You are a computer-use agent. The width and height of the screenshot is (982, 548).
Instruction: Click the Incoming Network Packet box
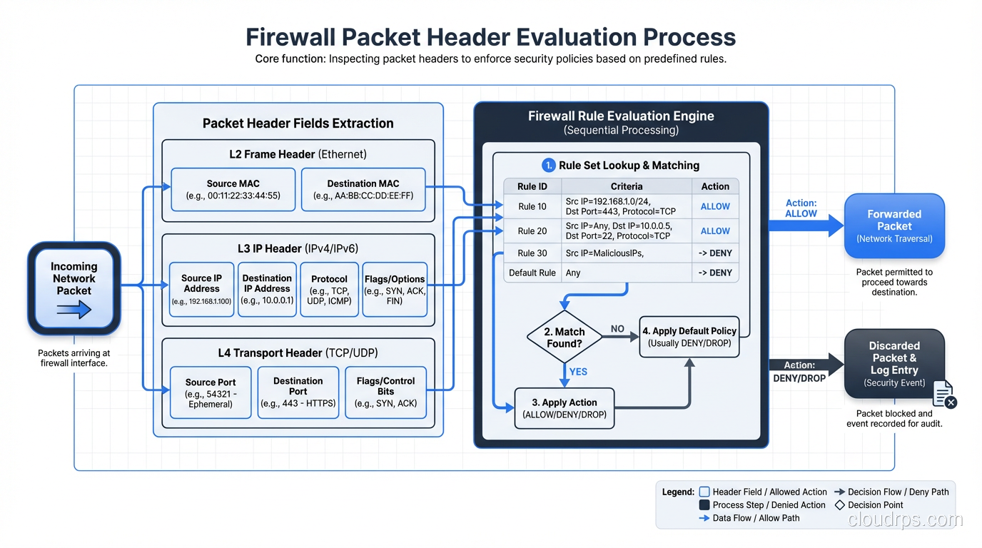coord(74,288)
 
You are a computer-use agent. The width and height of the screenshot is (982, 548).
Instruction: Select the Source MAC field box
coord(233,189)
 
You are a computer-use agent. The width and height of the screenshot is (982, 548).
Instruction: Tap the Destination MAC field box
coord(363,189)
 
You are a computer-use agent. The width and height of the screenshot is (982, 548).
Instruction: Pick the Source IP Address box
coord(201,289)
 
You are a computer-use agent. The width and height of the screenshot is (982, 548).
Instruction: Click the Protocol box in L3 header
coord(329,289)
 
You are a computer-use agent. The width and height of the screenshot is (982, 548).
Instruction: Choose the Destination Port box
coord(298,392)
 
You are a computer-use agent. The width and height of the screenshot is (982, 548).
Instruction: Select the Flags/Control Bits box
coord(385,392)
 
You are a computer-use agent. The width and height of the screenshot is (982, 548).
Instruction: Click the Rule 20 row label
coord(532,230)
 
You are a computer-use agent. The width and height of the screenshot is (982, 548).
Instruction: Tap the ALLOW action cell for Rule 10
coord(714,206)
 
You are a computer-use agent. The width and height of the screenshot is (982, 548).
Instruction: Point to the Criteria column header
coord(626,186)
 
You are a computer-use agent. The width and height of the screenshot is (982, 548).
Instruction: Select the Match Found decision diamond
coord(565,337)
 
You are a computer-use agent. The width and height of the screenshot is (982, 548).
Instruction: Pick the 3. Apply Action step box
coord(564,407)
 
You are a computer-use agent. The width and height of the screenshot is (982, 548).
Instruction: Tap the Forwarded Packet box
coord(894,225)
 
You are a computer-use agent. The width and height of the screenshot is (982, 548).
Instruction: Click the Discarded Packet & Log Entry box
coord(894,363)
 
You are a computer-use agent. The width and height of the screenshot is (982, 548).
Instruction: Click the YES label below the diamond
coord(578,372)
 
